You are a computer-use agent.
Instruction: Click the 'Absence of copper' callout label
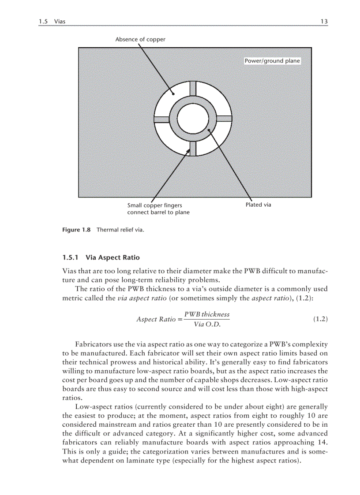tap(140, 39)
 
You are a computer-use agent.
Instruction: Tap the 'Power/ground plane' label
tap(272, 61)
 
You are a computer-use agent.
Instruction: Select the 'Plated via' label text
tap(258, 205)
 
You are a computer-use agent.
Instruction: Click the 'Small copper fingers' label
tap(154, 205)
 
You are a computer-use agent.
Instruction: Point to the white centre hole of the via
tap(193, 119)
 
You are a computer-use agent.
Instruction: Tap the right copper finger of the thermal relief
tap(224, 119)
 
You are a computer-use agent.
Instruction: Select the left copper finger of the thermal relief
tap(161, 119)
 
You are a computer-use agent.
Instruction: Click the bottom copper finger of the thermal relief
tap(193, 149)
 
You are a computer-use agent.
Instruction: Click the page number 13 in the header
tap(324, 21)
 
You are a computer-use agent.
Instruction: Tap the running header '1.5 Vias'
tap(52, 21)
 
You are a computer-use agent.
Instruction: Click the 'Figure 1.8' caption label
tap(76, 230)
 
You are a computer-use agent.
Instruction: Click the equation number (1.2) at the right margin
tap(320, 319)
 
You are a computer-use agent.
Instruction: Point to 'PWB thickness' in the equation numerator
tap(207, 314)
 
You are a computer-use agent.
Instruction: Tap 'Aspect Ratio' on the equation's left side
tap(156, 319)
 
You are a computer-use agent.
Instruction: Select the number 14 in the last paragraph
tap(322, 442)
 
